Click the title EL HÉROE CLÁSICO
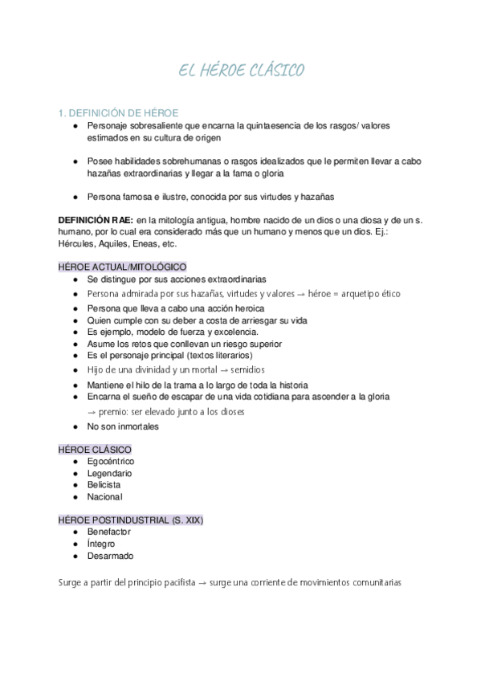tap(240, 72)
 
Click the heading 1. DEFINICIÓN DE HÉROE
tap(119, 112)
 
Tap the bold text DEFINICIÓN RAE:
tap(96, 219)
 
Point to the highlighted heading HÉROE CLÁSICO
tap(95, 450)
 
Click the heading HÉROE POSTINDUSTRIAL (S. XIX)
tap(131, 520)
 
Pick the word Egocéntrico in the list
tap(111, 462)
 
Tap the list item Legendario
tap(110, 474)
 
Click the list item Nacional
tap(105, 497)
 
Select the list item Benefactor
tap(109, 532)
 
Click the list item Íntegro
tap(102, 544)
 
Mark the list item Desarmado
tap(111, 556)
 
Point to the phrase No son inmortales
tap(123, 426)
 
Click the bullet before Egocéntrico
tap(75, 462)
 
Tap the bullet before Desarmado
tap(75, 556)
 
